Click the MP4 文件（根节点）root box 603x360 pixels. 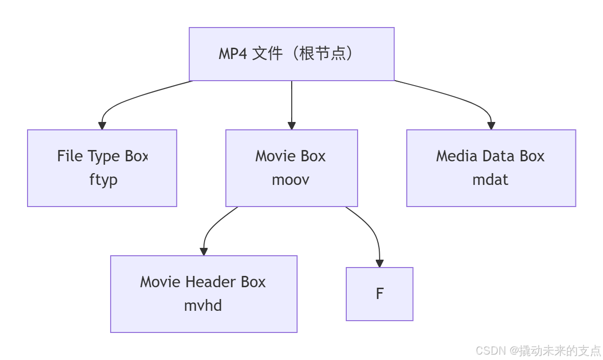click(x=292, y=54)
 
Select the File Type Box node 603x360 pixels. click(x=102, y=168)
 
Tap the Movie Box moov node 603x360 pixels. click(x=291, y=168)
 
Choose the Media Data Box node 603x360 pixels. click(x=491, y=168)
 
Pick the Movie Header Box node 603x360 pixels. click(x=204, y=294)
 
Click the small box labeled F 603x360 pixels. click(x=379, y=294)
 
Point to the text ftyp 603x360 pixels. click(x=103, y=180)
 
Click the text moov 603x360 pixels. click(x=291, y=180)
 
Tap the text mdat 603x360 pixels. click(x=490, y=180)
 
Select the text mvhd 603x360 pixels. click(x=203, y=306)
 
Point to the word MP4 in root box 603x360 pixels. click(x=233, y=54)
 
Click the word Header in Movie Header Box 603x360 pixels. click(x=214, y=282)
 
